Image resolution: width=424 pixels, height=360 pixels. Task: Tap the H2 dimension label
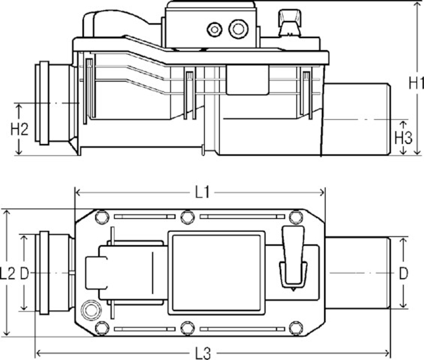[19, 129]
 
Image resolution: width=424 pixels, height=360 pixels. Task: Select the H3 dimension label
[403, 137]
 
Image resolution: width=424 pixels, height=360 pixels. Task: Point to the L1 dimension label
[202, 193]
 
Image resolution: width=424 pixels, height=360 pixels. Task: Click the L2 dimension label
[7, 273]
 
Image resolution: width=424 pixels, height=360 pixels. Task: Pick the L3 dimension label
[203, 353]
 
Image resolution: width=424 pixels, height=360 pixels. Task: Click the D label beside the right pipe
[403, 274]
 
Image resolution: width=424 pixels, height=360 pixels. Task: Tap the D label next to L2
[24, 274]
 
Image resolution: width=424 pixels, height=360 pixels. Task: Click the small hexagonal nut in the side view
[215, 30]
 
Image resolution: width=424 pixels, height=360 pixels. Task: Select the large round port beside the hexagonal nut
[238, 29]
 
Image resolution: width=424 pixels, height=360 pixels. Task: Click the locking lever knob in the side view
[290, 22]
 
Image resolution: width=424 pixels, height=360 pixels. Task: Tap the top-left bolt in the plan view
[102, 217]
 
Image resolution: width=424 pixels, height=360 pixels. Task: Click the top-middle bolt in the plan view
[187, 217]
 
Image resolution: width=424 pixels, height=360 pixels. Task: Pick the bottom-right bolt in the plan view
[296, 328]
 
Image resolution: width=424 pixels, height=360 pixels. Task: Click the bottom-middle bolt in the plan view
[187, 328]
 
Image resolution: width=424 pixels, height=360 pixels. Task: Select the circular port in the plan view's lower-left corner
[91, 310]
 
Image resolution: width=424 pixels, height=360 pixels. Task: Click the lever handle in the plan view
[293, 257]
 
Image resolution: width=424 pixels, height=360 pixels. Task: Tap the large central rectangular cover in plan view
[217, 273]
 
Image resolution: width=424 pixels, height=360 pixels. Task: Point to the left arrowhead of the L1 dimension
[78, 192]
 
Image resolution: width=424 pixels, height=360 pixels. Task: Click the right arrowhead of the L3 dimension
[387, 353]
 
